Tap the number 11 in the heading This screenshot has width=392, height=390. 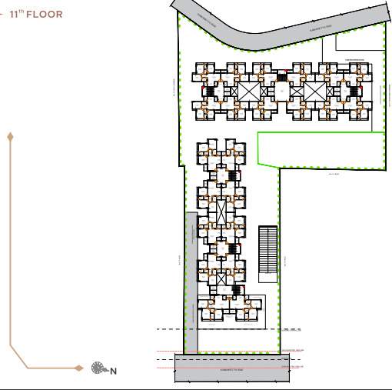tap(13, 15)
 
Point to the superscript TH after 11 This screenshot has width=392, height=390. tap(21, 12)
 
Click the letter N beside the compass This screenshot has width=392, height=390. tap(113, 372)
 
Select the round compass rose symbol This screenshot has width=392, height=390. tap(98, 368)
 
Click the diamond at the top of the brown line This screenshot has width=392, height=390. tap(10, 137)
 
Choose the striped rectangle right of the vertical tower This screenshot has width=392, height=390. tap(267, 250)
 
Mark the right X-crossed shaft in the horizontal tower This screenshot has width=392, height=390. tap(314, 91)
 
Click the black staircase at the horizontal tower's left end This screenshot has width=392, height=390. tap(206, 92)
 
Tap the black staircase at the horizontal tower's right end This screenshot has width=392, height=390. tap(354, 91)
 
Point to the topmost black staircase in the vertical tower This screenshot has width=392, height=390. tap(232, 176)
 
